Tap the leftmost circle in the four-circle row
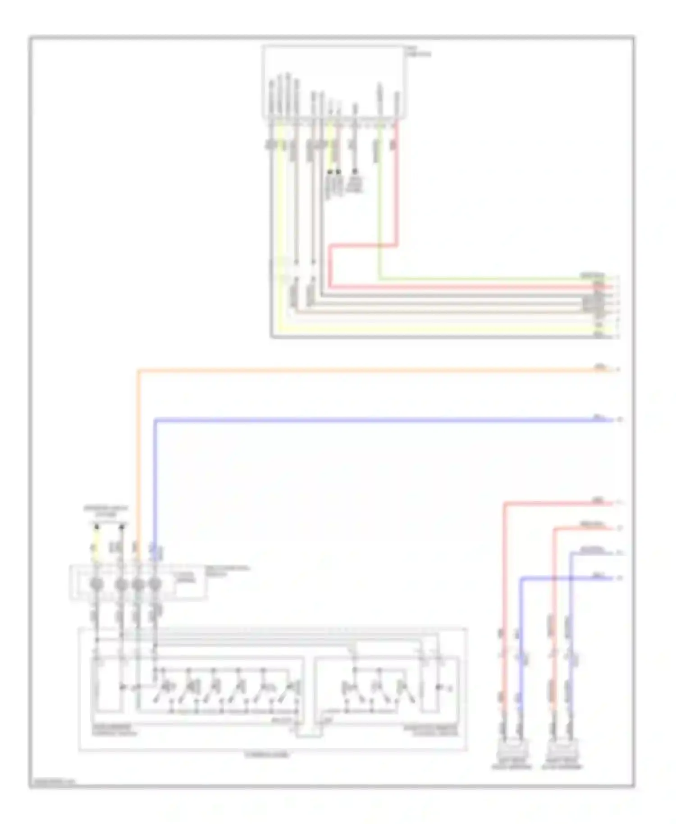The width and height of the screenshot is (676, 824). [96, 585]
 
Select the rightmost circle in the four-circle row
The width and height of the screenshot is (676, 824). [155, 585]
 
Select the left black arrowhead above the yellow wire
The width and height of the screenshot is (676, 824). [96, 526]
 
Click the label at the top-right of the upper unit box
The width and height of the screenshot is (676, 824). [418, 52]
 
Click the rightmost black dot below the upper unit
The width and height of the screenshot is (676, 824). [355, 172]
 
